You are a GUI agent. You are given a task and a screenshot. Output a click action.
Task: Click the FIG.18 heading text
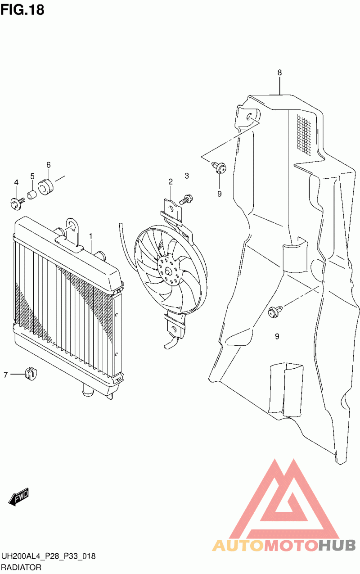click(22, 10)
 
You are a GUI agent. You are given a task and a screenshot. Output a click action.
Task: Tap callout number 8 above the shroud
click(279, 72)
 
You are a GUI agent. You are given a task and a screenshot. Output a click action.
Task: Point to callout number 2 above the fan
click(171, 182)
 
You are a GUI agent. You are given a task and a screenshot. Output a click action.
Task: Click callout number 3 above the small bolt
click(186, 176)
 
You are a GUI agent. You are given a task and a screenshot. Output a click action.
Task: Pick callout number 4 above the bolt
click(16, 182)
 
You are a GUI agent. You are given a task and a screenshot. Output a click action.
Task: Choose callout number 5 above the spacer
click(32, 176)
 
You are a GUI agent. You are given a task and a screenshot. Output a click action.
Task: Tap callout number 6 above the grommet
click(48, 165)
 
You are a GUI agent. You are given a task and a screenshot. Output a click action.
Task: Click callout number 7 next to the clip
click(6, 374)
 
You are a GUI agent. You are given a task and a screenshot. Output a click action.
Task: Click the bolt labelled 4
click(16, 203)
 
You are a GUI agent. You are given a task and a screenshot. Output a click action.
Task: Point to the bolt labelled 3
click(186, 198)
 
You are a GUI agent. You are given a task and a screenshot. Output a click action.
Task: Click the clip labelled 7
click(31, 373)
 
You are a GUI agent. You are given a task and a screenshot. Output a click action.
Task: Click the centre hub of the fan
click(168, 271)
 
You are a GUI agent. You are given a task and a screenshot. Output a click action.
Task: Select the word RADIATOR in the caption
click(22, 567)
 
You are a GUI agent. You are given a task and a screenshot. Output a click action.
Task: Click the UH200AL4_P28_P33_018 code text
click(48, 557)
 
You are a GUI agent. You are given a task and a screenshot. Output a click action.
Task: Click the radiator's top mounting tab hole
click(71, 227)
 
